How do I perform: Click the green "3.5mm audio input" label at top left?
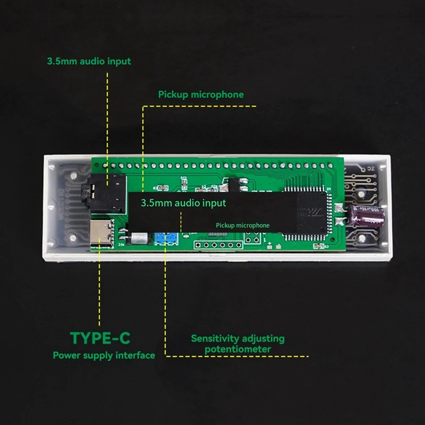tap(88, 61)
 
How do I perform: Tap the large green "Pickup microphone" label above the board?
tap(201, 95)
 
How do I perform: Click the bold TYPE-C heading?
tap(100, 337)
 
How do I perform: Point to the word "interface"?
tap(137, 355)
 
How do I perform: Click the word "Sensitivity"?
tap(215, 338)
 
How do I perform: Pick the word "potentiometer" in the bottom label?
tap(237, 349)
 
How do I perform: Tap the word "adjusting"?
tap(263, 338)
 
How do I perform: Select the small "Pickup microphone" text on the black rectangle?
tap(242, 225)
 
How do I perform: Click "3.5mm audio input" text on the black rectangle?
tap(183, 203)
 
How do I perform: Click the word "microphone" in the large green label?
tap(220, 95)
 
